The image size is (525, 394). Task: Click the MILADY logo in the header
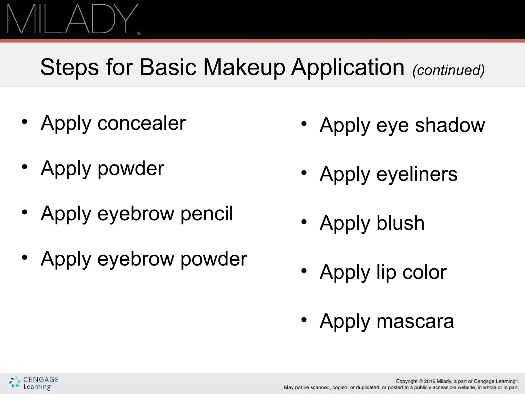point(73,19)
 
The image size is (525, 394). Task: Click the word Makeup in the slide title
point(244,67)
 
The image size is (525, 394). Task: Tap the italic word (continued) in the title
point(448,70)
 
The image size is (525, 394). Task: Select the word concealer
point(142,123)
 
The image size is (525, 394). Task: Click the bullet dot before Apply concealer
point(25,122)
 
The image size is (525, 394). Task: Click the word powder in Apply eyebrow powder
point(214,259)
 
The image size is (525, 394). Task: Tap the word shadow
point(450,125)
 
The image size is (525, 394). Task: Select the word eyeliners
point(417,174)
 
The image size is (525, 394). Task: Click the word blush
point(400,223)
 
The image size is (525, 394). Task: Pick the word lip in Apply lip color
point(386,272)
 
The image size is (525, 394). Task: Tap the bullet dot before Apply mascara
point(304,320)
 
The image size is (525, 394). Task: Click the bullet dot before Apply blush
point(304,222)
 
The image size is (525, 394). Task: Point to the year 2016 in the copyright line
point(430,381)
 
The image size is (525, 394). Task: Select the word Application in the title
point(348,67)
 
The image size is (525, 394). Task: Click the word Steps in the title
point(69,67)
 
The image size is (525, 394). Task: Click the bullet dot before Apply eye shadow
point(304,124)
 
